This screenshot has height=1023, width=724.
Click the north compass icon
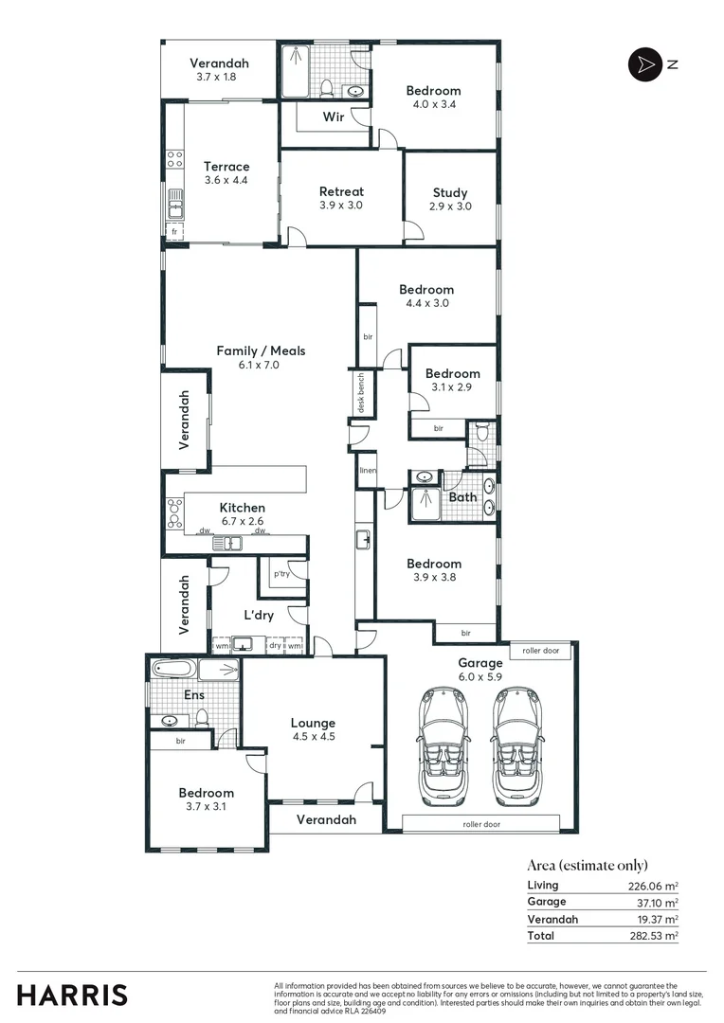pos(643,63)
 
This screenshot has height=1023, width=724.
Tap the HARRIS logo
pos(72,995)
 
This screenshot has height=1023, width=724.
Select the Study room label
pos(450,192)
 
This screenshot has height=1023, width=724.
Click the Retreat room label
pos(341,191)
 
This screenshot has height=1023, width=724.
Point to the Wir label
pos(333,117)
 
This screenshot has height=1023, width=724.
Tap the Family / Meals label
pos(261,350)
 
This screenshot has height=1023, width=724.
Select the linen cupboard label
pos(367,471)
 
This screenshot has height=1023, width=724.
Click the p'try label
pos(281,574)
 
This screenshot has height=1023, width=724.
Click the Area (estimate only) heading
pos(588,864)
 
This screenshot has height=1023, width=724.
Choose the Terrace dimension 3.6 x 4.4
pos(226,180)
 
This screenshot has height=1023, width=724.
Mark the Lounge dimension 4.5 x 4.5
pos(313,736)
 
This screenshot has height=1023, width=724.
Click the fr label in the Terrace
pos(173,231)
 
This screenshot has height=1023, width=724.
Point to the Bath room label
pos(462,496)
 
